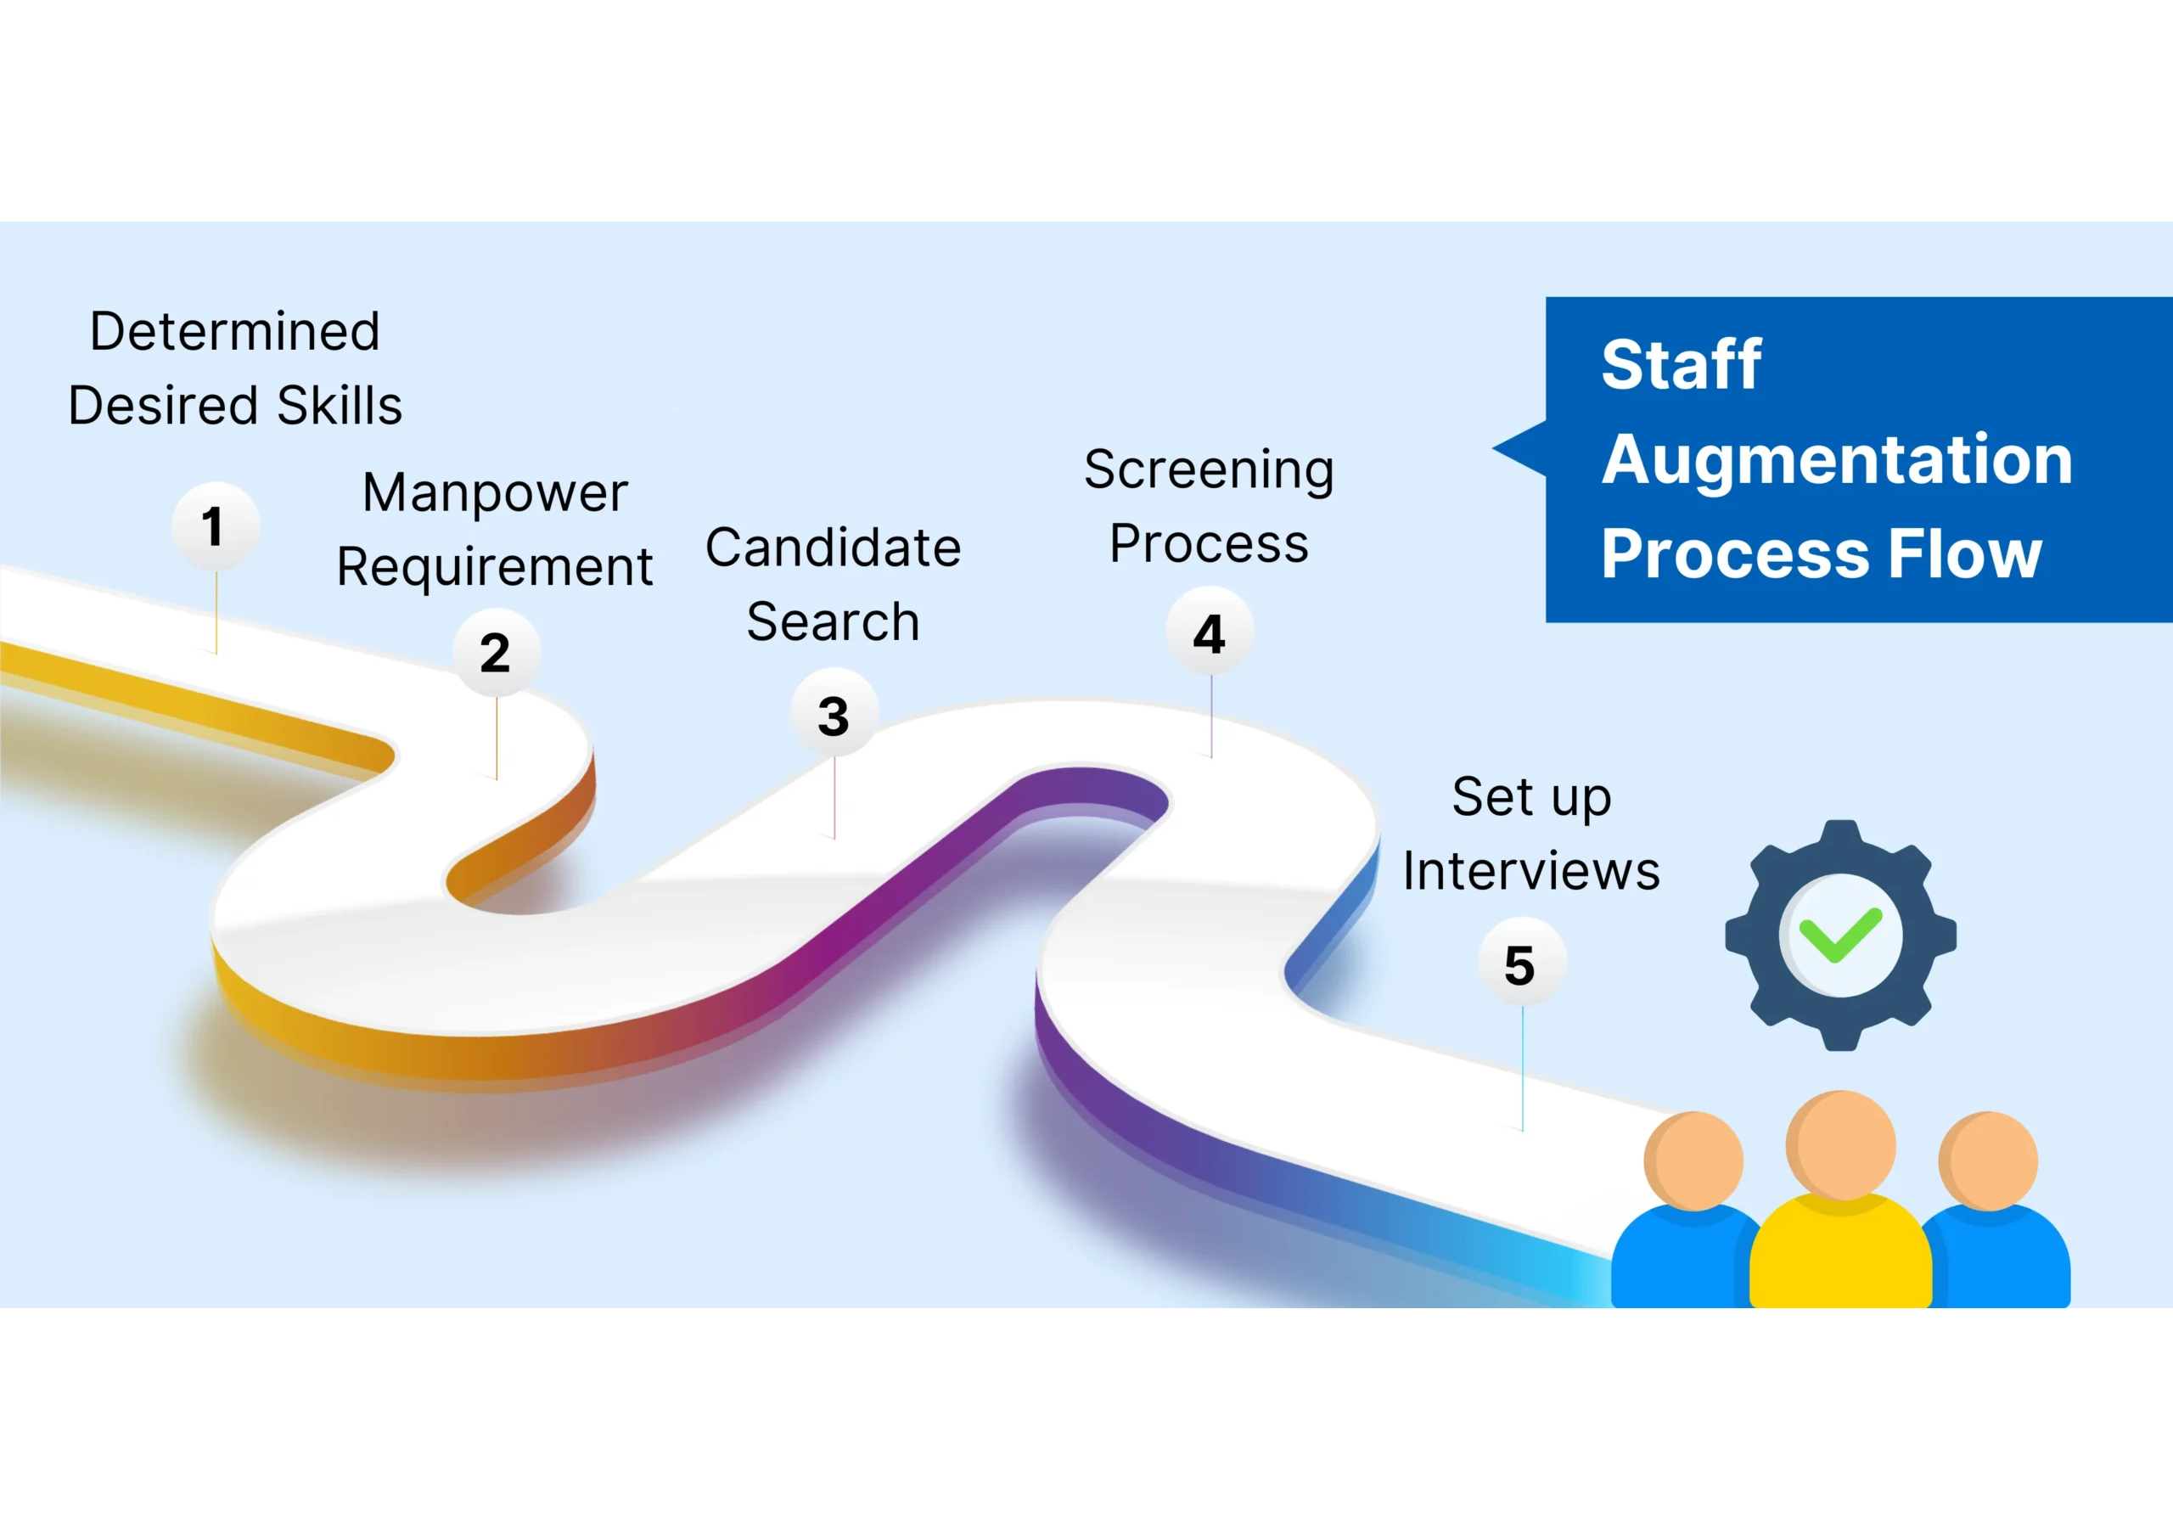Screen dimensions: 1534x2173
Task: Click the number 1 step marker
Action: click(215, 526)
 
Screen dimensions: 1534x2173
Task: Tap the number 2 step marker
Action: click(496, 652)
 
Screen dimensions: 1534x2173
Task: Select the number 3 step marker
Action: click(834, 716)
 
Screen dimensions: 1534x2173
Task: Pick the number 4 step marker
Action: click(1210, 633)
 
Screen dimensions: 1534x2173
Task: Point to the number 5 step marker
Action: click(1520, 964)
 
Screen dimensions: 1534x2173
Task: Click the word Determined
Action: click(235, 331)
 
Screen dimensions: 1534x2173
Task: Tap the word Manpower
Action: click(494, 492)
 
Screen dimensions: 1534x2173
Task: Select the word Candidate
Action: click(833, 547)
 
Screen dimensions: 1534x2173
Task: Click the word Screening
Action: click(1209, 469)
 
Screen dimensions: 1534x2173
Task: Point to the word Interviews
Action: click(1530, 871)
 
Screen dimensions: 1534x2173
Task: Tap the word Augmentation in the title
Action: click(1837, 459)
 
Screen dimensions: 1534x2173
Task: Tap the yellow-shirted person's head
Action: click(1842, 1144)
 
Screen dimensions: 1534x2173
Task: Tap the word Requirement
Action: click(494, 567)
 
